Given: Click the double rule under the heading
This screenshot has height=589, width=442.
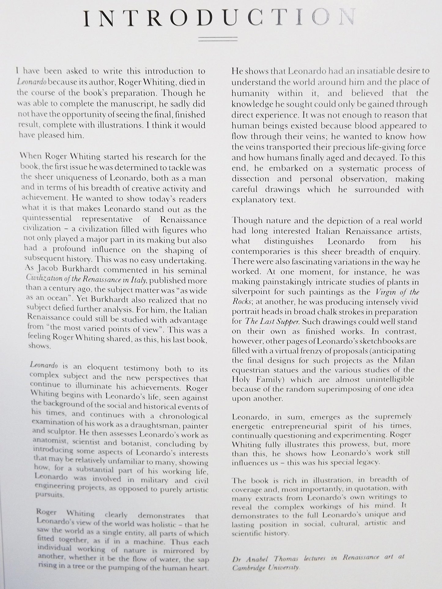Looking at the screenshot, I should click(218, 39).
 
